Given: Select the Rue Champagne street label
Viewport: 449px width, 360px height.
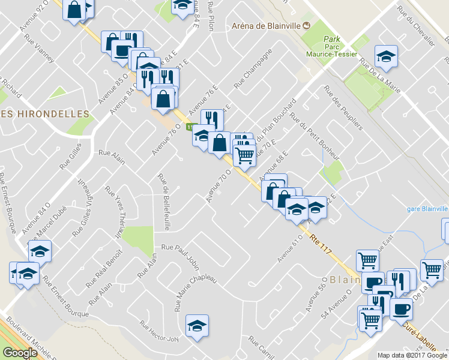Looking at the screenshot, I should (x=253, y=68).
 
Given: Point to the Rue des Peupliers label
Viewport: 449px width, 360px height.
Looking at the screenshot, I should (x=344, y=107).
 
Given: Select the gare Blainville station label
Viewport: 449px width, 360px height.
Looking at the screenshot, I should (x=427, y=208).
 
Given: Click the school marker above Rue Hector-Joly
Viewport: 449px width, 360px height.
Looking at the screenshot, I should (x=197, y=325).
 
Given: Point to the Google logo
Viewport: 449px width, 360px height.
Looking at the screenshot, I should (x=20, y=353).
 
